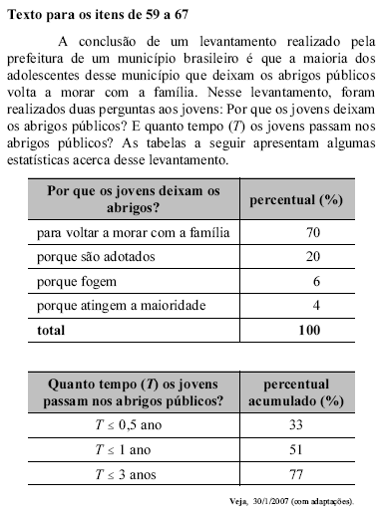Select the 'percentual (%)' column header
click(298, 200)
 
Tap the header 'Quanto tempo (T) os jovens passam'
click(134, 392)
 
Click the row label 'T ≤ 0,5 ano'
click(134, 426)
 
